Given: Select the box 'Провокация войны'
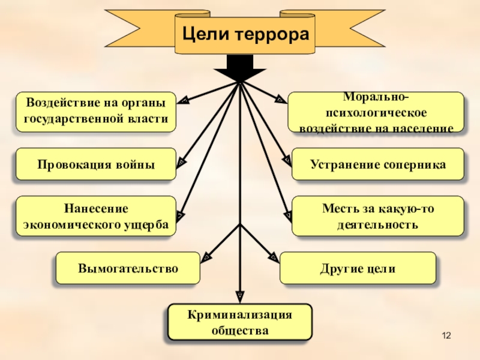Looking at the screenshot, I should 96,164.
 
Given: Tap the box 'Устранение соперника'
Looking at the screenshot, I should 378,164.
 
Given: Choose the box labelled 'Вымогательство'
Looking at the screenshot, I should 128,268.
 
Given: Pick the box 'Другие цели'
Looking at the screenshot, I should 358,268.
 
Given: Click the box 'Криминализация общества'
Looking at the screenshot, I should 240,322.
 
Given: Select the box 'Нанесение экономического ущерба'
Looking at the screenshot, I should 96,216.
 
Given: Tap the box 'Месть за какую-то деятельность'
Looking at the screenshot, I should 378,216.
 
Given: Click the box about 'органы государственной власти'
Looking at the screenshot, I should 96,112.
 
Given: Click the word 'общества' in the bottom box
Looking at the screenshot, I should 240,330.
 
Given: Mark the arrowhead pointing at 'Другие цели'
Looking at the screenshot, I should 274,256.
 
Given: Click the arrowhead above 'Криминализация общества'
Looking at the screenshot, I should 240,295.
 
